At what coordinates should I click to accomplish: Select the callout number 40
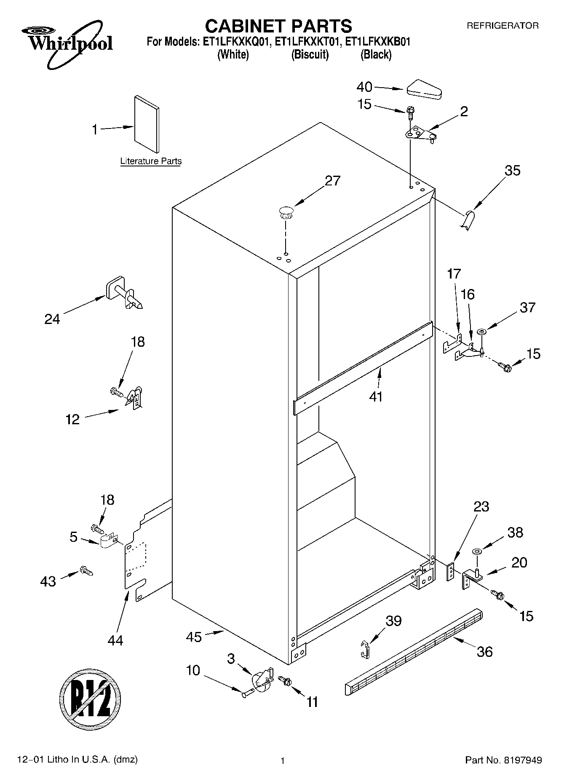(364, 87)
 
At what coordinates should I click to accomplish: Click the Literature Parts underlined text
(151, 161)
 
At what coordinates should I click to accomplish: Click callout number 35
(513, 171)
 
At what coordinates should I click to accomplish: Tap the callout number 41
(376, 396)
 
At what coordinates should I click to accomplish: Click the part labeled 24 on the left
(125, 293)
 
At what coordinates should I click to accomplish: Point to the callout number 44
(115, 640)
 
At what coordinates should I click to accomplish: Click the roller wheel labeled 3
(262, 680)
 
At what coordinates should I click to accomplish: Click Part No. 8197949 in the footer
(503, 760)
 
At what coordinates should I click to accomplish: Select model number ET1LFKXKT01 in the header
(307, 42)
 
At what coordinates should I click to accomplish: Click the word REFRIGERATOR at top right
(503, 26)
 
